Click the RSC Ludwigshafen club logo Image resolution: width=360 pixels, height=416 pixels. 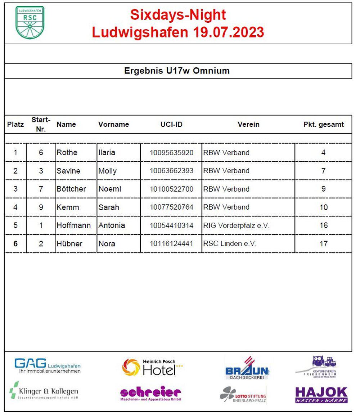[x=30, y=22]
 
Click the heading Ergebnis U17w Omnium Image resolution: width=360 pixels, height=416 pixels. [x=177, y=71]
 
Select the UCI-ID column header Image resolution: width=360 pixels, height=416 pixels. [x=171, y=125]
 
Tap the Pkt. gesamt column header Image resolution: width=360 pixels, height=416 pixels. [x=323, y=125]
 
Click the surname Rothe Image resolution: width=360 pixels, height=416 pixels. [x=67, y=153]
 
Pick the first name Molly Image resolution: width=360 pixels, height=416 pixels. [x=107, y=171]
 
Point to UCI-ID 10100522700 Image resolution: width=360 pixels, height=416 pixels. [x=171, y=189]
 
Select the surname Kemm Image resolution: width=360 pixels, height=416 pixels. [x=68, y=207]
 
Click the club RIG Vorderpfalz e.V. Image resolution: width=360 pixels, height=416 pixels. [x=236, y=225]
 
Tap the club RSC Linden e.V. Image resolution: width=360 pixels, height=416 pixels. [x=230, y=244]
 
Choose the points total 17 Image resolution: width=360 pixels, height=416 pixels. [x=323, y=244]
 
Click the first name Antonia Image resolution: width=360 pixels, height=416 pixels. [x=112, y=225]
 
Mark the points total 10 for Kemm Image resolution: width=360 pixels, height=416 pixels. [x=323, y=207]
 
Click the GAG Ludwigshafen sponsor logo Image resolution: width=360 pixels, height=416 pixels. [x=48, y=365]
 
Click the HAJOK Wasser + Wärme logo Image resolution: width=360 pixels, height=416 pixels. [x=321, y=395]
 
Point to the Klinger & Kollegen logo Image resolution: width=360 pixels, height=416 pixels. [x=44, y=392]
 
